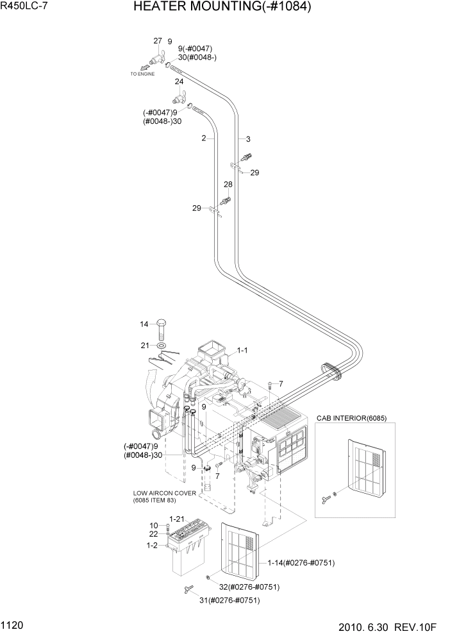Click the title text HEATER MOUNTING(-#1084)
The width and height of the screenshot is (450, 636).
tap(222, 8)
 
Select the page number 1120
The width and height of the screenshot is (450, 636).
tap(13, 624)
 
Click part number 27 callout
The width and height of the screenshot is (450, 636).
tap(157, 41)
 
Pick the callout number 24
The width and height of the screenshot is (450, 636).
tap(179, 81)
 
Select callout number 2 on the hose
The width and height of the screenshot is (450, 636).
tap(203, 138)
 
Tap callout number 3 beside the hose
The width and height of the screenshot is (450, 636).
tap(247, 139)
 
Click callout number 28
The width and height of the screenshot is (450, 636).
tap(227, 185)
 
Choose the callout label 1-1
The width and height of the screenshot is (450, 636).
tap(244, 351)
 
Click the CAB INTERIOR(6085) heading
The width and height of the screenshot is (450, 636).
tap(351, 417)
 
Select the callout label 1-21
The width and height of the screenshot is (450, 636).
tap(177, 519)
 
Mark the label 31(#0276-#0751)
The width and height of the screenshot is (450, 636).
tap(229, 600)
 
